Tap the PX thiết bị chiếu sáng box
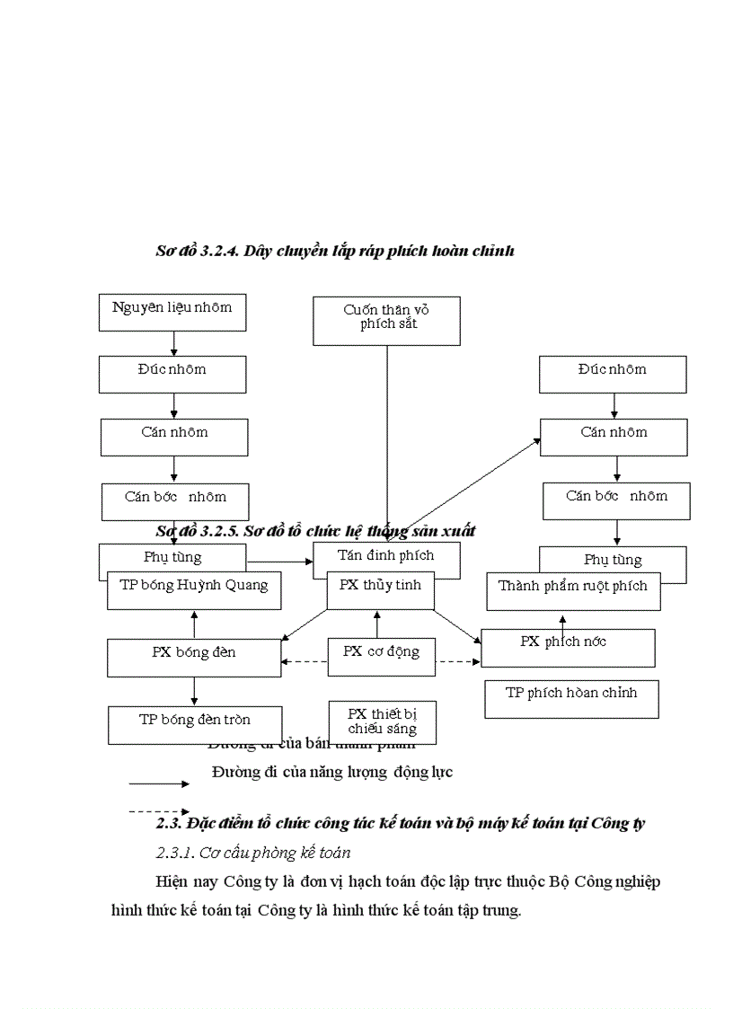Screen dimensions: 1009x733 382,722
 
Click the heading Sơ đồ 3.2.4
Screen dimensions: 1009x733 334,252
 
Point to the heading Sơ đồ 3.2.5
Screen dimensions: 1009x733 315,531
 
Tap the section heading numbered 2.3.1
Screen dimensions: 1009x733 253,852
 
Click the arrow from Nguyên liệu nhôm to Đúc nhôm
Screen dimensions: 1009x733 174,342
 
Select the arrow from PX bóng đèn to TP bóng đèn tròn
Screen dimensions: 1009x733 194,691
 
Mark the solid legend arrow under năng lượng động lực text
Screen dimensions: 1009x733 158,783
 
